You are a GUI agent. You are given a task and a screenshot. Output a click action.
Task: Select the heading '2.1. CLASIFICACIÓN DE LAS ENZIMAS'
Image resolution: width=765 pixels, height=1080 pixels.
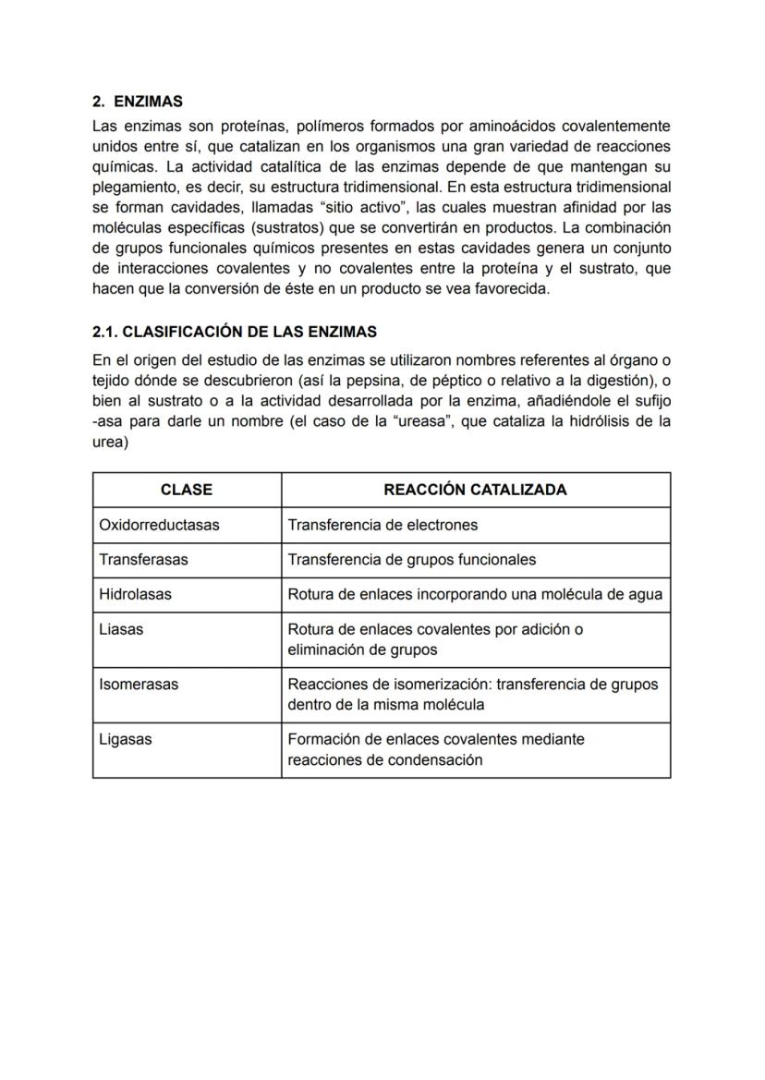[235, 331]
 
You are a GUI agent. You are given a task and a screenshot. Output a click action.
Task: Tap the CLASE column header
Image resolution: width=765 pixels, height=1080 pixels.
[187, 490]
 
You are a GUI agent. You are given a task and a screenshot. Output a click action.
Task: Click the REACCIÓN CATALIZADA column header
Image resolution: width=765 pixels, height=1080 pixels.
[475, 490]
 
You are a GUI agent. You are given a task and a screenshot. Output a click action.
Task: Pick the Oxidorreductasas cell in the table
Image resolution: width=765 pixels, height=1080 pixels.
[159, 525]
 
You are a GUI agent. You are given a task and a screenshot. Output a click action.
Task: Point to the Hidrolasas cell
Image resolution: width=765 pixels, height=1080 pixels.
[135, 595]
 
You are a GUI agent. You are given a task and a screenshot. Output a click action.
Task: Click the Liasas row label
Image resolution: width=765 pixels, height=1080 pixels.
[121, 629]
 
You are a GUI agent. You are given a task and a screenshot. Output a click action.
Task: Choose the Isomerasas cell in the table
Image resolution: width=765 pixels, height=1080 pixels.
[139, 685]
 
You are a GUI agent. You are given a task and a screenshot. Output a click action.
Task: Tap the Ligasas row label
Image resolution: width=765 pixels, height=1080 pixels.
[126, 739]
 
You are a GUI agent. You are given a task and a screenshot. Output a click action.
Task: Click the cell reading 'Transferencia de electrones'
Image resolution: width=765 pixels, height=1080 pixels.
[382, 525]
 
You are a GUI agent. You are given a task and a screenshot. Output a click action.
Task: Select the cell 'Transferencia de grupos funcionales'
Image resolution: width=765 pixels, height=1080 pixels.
[411, 560]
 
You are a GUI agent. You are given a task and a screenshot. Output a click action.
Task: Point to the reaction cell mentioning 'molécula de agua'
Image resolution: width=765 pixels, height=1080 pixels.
[475, 595]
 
